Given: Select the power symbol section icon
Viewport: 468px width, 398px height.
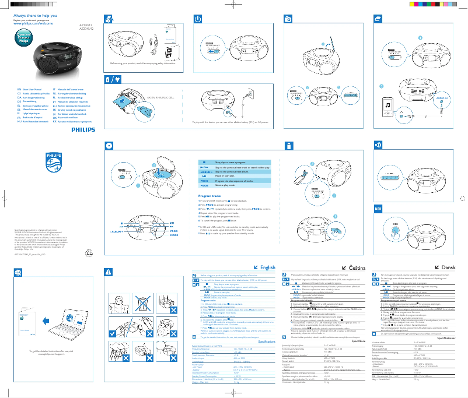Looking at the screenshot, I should (x=196, y=19).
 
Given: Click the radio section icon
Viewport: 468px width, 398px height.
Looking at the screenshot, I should (x=288, y=19).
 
